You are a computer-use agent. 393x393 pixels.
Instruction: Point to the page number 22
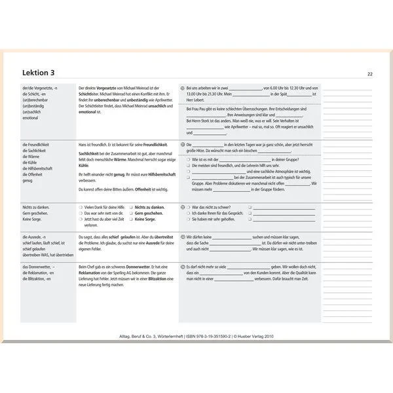pos(370,74)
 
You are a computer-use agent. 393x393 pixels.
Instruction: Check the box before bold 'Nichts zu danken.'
pos(131,207)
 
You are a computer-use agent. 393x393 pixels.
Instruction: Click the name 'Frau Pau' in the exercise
pos(198,109)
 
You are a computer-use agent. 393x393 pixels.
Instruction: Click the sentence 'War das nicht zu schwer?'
pos(213,207)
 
